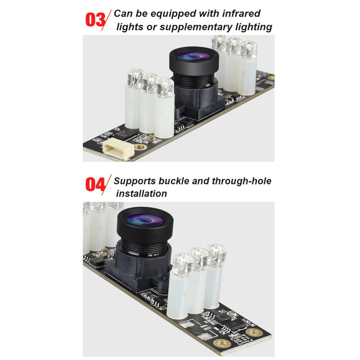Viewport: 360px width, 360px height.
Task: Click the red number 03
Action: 95,20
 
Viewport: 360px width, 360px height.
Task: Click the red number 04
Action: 95,184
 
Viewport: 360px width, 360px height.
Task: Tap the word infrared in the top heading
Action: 241,13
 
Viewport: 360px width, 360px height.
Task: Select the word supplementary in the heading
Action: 196,27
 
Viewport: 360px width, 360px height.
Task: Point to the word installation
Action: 141,193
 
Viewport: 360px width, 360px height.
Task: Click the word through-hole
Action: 242,181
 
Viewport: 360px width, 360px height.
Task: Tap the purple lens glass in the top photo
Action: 194,56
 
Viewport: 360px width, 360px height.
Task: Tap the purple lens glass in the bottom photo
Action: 144,220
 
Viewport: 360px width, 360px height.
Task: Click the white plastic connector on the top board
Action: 118,148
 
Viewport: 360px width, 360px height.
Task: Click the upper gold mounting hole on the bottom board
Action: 254,333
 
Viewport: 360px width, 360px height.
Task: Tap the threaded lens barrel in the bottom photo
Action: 144,247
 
